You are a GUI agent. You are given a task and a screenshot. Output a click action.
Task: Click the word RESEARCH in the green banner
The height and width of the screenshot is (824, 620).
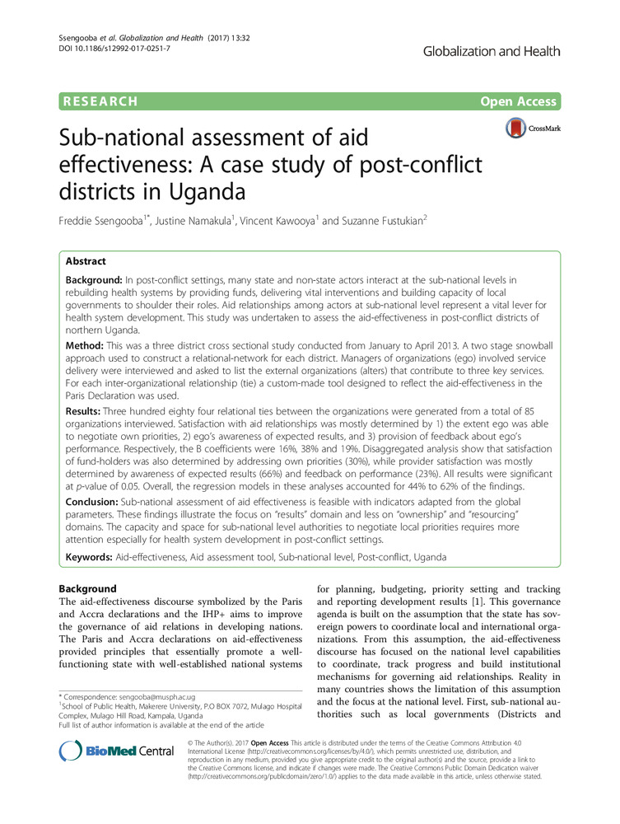pos(98,101)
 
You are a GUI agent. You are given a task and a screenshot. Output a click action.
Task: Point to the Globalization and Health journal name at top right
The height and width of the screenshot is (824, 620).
pos(492,51)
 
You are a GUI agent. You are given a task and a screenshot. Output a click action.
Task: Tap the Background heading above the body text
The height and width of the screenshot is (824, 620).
pos(91,589)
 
